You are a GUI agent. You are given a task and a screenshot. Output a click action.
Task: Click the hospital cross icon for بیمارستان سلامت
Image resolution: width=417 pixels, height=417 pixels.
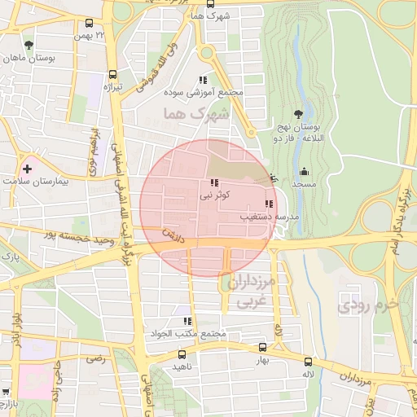[29, 169]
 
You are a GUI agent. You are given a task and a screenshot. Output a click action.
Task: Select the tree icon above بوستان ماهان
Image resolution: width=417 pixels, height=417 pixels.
[30, 45]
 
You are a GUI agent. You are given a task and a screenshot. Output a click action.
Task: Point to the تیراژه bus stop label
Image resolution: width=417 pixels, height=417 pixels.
[112, 86]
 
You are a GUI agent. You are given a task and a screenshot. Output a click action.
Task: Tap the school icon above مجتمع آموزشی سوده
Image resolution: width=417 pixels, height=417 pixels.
[202, 80]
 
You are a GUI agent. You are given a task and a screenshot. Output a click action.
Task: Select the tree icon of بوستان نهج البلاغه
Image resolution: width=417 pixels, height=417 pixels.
[298, 115]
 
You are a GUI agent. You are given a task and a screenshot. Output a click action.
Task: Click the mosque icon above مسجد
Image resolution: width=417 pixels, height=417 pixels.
[304, 171]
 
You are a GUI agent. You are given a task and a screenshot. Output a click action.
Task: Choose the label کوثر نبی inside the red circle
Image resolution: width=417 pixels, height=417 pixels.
[216, 196]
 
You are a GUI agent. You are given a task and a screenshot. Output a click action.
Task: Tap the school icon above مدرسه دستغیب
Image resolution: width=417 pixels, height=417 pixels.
[269, 204]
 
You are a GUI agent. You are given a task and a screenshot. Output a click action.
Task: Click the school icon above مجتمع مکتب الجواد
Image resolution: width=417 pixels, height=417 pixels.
[188, 322]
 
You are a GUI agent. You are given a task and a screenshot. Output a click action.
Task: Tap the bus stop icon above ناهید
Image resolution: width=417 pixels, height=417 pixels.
[181, 354]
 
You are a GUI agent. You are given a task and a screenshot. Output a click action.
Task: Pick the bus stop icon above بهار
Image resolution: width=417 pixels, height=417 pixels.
[261, 347]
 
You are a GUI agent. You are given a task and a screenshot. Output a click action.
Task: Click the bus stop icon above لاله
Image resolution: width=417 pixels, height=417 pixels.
[307, 362]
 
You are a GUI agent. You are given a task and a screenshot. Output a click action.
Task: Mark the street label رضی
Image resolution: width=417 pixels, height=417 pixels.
[97, 358]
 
